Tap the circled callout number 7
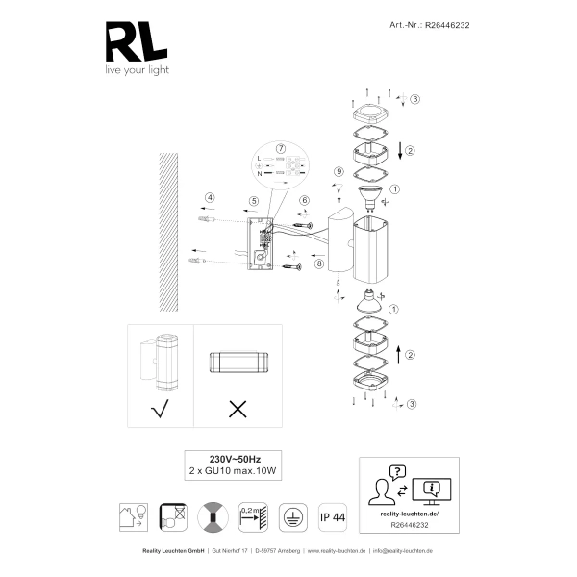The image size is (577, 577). [x=281, y=149]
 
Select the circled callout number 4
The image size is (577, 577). [x=209, y=199]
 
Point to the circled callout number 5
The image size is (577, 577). [x=253, y=201]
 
